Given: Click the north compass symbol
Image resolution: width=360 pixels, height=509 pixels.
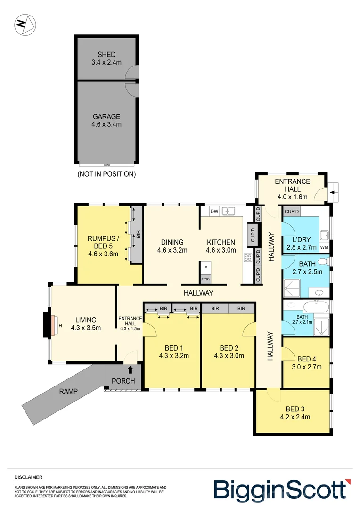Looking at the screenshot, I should coord(25,25).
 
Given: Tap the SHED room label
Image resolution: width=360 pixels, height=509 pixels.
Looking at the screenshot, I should coord(106,54).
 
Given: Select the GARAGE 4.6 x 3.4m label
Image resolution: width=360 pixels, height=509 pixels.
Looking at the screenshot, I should coord(106,120).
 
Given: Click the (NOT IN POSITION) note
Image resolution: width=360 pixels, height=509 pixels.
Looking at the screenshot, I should coord(106,174).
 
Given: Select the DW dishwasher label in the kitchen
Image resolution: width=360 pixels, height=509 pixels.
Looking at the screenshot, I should coord(213,211).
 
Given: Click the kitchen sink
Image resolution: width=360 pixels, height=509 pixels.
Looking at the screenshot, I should coord(229,211).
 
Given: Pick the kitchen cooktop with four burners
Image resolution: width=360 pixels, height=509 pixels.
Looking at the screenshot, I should coord(247,257).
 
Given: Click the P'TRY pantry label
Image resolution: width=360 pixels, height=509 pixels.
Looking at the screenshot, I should coord(205,279).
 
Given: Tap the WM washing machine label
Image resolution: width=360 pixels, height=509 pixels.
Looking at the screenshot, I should coord(324,247).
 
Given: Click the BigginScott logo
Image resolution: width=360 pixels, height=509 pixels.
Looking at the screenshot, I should coord(282,488).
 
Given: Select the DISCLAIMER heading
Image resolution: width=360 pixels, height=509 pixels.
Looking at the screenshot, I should coord(28,477).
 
